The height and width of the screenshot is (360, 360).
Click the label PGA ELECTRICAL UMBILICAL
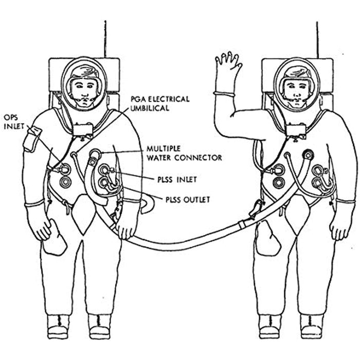pos(160,103)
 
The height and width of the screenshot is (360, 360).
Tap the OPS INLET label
pos(14,122)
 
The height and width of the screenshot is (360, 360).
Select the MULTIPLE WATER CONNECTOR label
pos(184,153)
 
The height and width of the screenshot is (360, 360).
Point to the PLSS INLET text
pos(177,179)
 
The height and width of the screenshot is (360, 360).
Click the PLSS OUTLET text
pos(188,200)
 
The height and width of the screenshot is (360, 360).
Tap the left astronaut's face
pos(84,92)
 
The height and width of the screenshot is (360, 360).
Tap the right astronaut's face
pos(296,93)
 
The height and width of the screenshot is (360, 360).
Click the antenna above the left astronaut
pos(105,39)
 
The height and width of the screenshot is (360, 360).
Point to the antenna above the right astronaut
pos(317,40)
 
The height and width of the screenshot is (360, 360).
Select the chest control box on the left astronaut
pos(83,130)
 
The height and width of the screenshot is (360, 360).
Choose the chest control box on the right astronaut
pos(296,131)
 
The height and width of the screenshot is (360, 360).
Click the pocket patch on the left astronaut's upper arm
pos(32,139)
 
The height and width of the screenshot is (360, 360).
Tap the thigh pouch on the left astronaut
pos(55,238)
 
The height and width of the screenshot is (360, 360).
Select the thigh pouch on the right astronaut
pos(268,238)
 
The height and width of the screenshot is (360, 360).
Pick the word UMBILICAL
pos(150,108)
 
